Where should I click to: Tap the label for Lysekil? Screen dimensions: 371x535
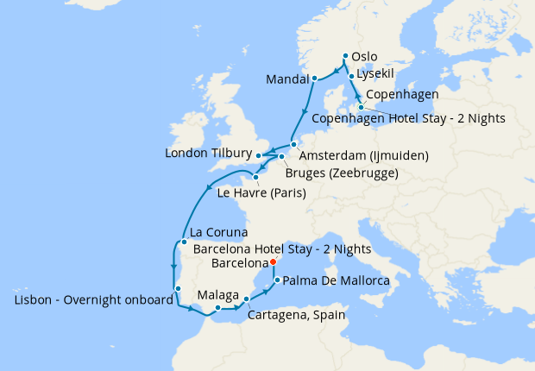(x=377, y=75)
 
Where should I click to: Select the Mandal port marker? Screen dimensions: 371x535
(x=315, y=79)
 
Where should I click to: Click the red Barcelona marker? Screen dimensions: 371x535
(x=272, y=261)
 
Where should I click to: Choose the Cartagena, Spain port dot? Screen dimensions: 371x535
(x=247, y=299)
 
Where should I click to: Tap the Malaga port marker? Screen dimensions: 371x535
(x=217, y=308)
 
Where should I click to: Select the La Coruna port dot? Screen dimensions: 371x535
(x=184, y=242)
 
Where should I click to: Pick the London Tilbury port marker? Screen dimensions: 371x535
(x=259, y=155)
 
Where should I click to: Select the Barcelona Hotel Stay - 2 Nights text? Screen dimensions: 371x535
(x=283, y=248)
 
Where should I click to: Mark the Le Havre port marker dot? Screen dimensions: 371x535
(x=256, y=177)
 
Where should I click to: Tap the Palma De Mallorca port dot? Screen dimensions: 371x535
(x=276, y=280)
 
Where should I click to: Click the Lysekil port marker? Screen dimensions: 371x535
(x=351, y=76)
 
